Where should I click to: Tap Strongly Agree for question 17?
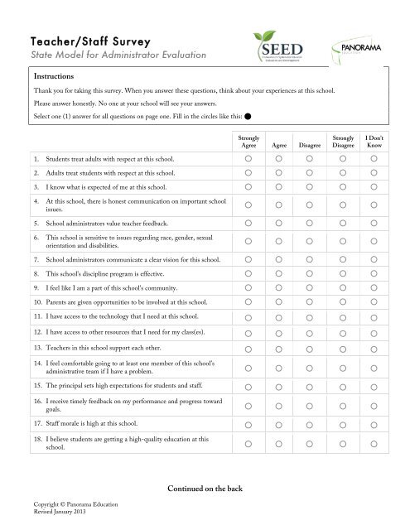(x=249, y=422)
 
